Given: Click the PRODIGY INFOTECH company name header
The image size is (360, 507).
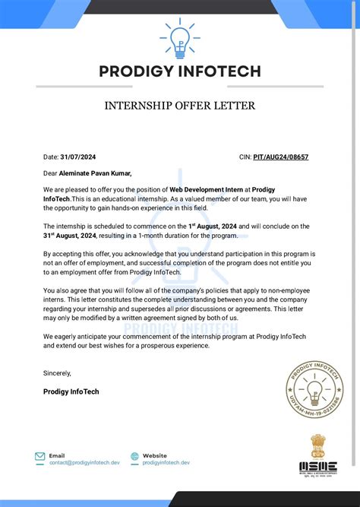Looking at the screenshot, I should coord(180,72).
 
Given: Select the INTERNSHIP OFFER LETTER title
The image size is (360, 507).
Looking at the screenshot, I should coord(180,105).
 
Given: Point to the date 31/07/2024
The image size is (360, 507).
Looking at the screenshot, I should coord(79,157).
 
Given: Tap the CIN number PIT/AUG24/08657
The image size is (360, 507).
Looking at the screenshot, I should coord(281,157).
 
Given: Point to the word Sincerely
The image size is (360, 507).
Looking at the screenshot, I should coord(57,373).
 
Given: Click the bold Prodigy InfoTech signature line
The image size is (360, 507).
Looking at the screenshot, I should coord(71,391).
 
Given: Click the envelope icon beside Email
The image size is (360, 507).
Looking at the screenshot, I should coord(39,457).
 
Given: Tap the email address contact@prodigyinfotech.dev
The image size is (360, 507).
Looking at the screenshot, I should coord(85,463).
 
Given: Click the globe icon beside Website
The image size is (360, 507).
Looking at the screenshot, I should coord(134,457).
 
